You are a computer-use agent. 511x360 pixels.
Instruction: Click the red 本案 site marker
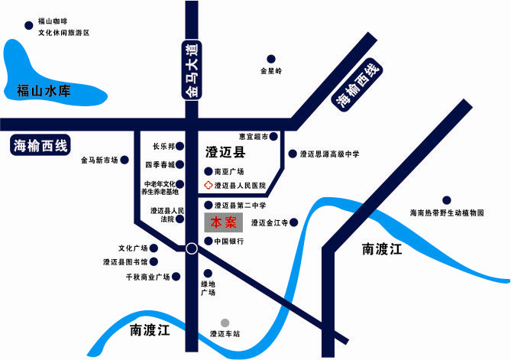pyautogui.click(x=224, y=223)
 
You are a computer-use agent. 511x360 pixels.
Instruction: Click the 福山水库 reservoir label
pyautogui.click(x=44, y=92)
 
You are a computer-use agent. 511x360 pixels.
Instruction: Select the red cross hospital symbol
pyautogui.click(x=207, y=186)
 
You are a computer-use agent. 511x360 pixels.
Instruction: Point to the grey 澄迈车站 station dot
pyautogui.click(x=224, y=323)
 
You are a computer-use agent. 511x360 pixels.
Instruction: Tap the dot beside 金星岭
pyautogui.click(x=270, y=58)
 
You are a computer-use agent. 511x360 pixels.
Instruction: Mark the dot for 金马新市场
pyautogui.click(x=124, y=161)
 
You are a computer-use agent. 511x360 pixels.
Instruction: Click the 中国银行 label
pyautogui.click(x=228, y=242)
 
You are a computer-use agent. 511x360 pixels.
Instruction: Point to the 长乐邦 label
pyautogui.click(x=163, y=146)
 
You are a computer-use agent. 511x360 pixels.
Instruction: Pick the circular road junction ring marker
pyautogui.click(x=191, y=248)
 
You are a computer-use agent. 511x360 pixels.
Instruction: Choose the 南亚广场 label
pyautogui.click(x=228, y=172)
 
